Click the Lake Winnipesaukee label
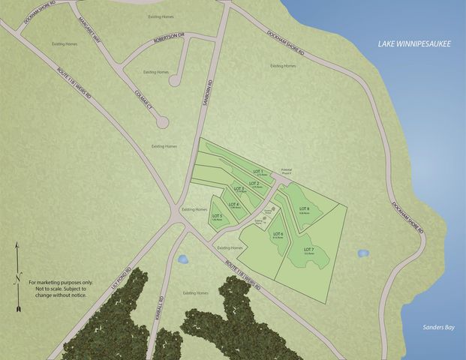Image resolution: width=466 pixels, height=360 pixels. coord(413,46)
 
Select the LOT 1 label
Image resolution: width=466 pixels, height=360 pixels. coord(260,172)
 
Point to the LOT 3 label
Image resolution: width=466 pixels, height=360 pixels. coord(239,189)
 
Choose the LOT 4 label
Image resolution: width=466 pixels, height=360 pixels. coord(233,205)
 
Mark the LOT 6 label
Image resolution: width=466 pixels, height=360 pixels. coord(278,235)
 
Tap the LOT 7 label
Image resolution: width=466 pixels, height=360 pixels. coord(308,250)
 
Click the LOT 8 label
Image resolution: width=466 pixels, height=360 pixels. coord(304,209)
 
